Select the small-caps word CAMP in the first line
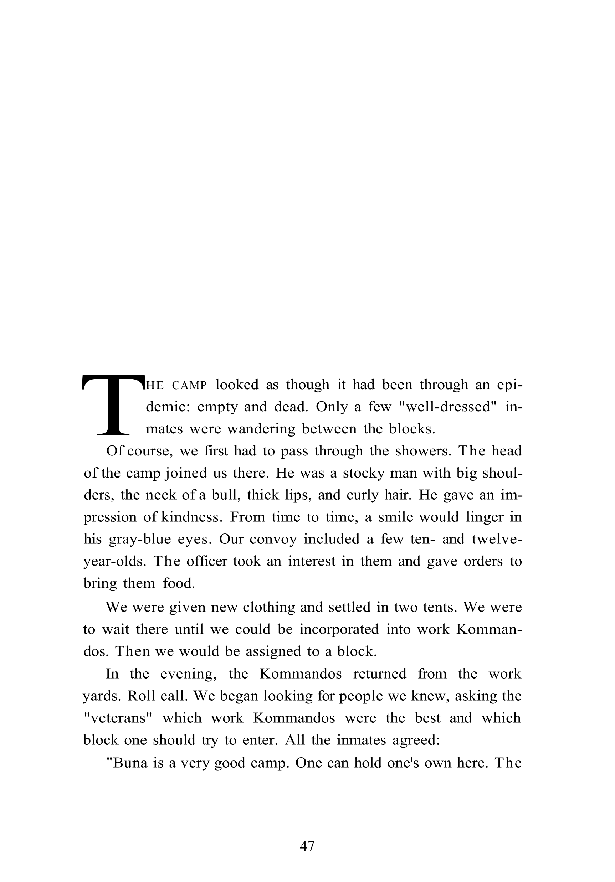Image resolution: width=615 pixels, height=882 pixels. [190, 385]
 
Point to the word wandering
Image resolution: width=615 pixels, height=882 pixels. [261, 429]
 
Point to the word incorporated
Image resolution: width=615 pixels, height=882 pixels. [339, 629]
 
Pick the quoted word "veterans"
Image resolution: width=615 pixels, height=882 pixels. [118, 718]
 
